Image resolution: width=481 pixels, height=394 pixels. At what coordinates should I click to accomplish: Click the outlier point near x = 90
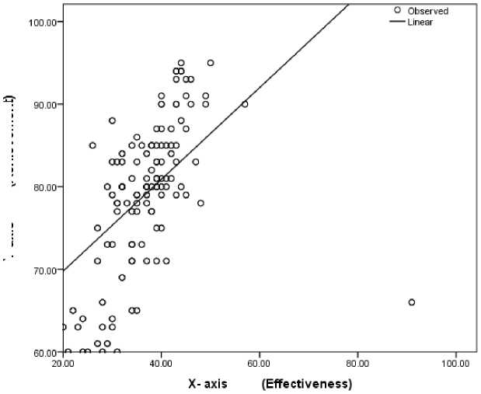412,302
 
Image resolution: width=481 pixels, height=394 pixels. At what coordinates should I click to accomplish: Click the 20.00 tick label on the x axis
63,364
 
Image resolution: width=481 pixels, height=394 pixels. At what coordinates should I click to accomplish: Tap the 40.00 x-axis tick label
161,364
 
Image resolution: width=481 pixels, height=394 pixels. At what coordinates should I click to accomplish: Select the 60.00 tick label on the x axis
260,364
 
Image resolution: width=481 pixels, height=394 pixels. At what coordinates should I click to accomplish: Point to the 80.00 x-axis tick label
357,364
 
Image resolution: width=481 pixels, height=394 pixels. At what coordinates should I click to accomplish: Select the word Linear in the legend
422,23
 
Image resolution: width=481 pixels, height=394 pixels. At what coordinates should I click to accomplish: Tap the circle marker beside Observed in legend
398,11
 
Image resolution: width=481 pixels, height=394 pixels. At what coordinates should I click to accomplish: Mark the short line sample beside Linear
397,23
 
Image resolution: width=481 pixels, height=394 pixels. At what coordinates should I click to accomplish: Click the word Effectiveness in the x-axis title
308,384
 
